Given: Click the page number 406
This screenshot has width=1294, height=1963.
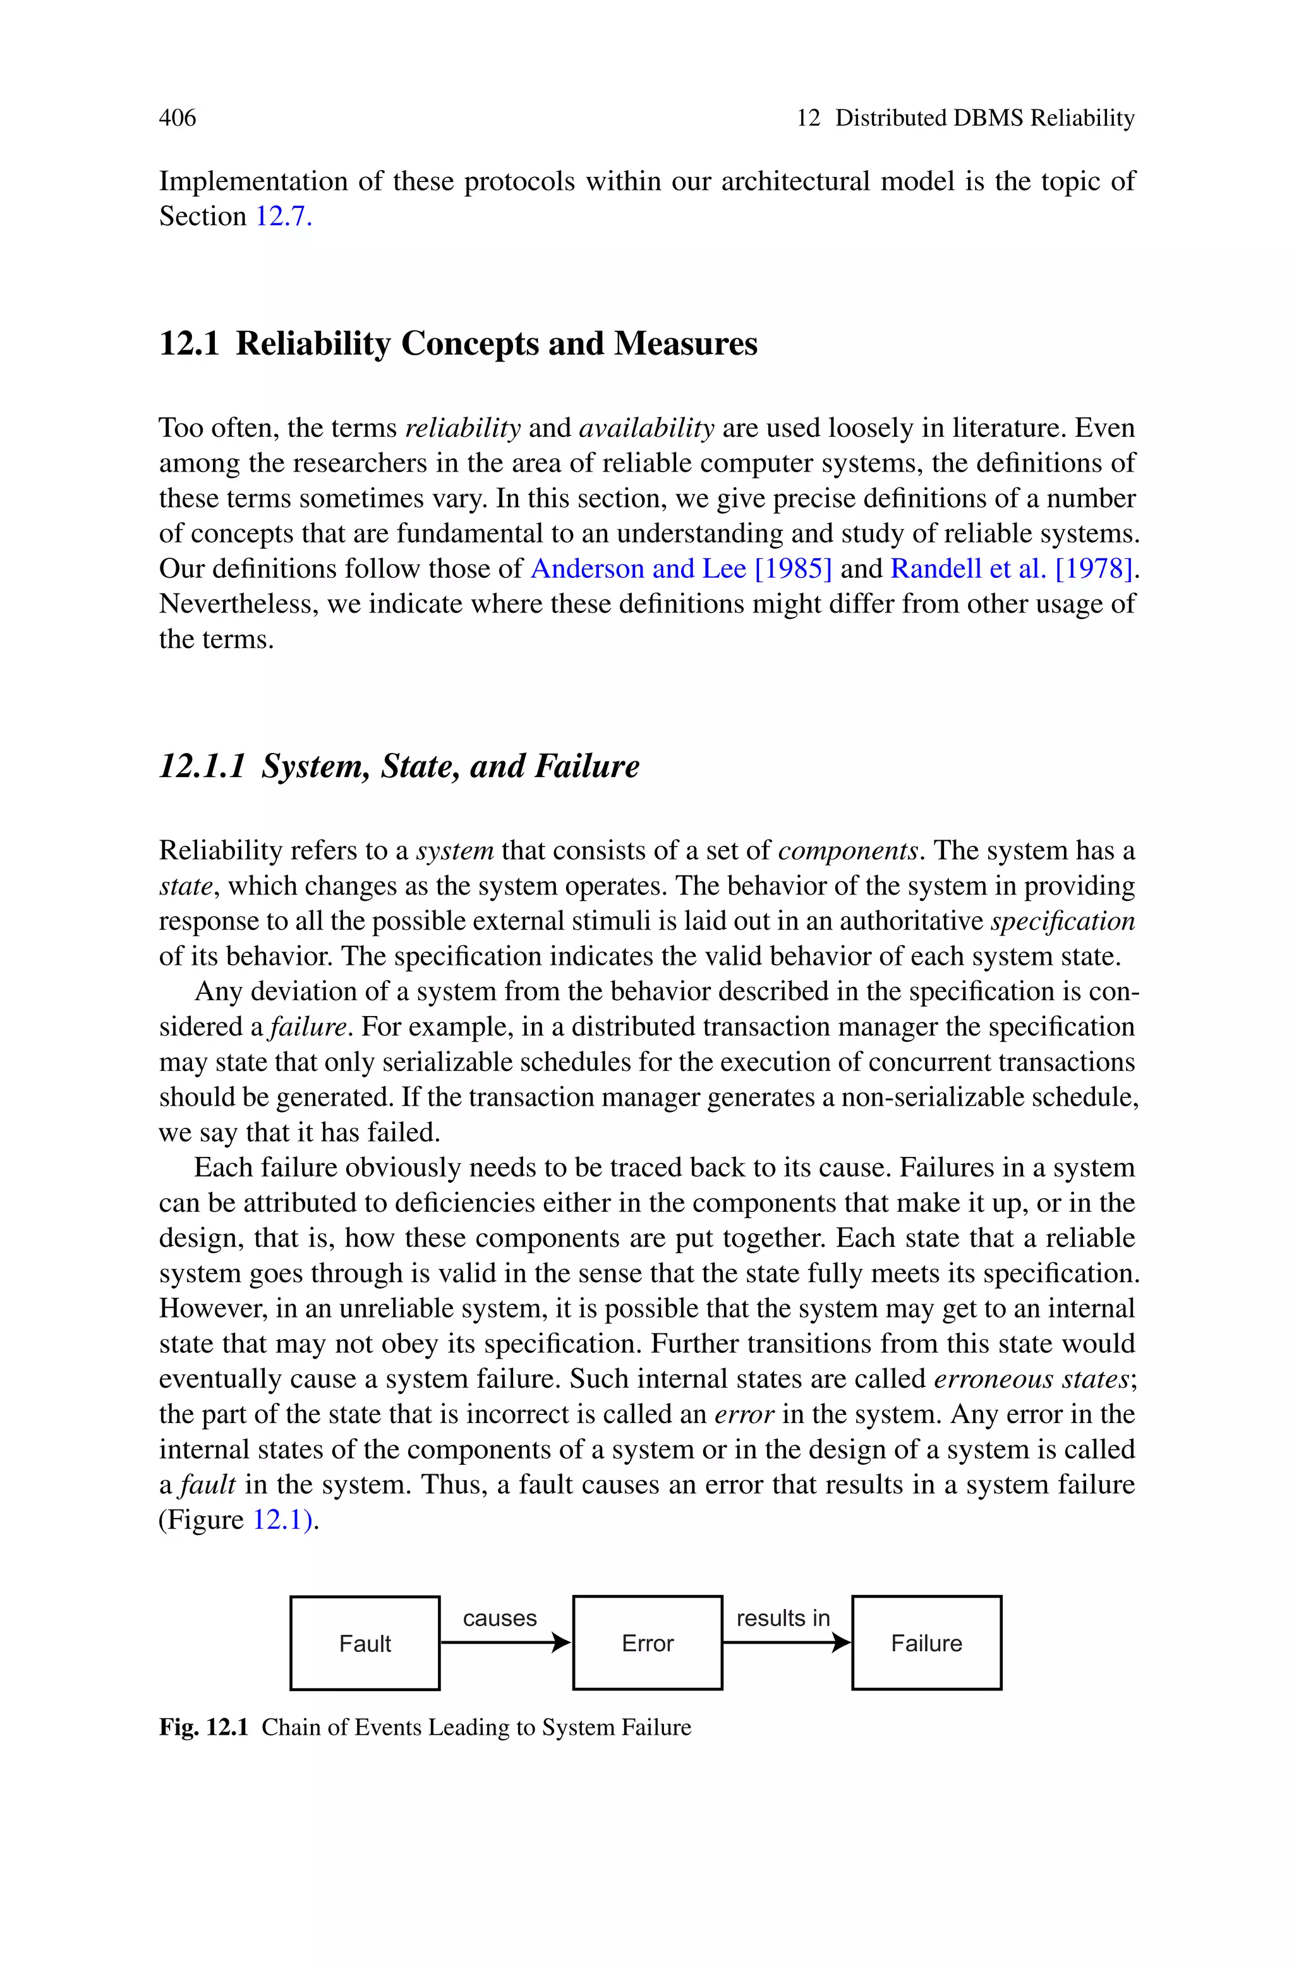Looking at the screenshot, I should click(x=178, y=118).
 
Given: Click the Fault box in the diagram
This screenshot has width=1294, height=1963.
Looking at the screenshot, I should click(x=365, y=1642).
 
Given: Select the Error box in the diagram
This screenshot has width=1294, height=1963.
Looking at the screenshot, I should click(x=647, y=1642).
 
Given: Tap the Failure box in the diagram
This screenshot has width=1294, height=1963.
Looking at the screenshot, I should click(x=926, y=1642).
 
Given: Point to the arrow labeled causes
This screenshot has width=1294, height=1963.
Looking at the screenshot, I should click(x=505, y=1642).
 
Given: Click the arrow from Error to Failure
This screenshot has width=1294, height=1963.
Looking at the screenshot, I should click(x=785, y=1642).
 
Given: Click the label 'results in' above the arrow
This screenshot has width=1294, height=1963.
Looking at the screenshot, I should click(x=782, y=1618).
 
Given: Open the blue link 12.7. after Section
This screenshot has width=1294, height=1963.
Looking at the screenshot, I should click(x=283, y=216).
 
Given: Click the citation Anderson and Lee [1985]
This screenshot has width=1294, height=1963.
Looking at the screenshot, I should click(x=681, y=569).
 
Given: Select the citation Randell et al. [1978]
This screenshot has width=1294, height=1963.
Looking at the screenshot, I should click(x=1011, y=569).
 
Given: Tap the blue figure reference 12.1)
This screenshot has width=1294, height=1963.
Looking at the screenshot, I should click(x=283, y=1520).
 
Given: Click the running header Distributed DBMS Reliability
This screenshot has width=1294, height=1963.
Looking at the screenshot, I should click(x=984, y=118).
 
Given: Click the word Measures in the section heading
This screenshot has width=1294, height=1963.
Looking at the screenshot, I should click(x=685, y=343).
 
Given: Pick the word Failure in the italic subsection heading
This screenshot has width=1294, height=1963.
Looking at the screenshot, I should click(x=587, y=766).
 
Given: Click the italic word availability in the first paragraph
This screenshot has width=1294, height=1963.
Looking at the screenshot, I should click(x=646, y=427).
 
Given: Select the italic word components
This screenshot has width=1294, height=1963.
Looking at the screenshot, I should click(x=847, y=850).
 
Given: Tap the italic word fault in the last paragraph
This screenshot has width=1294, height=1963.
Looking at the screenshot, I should click(x=208, y=1484).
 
